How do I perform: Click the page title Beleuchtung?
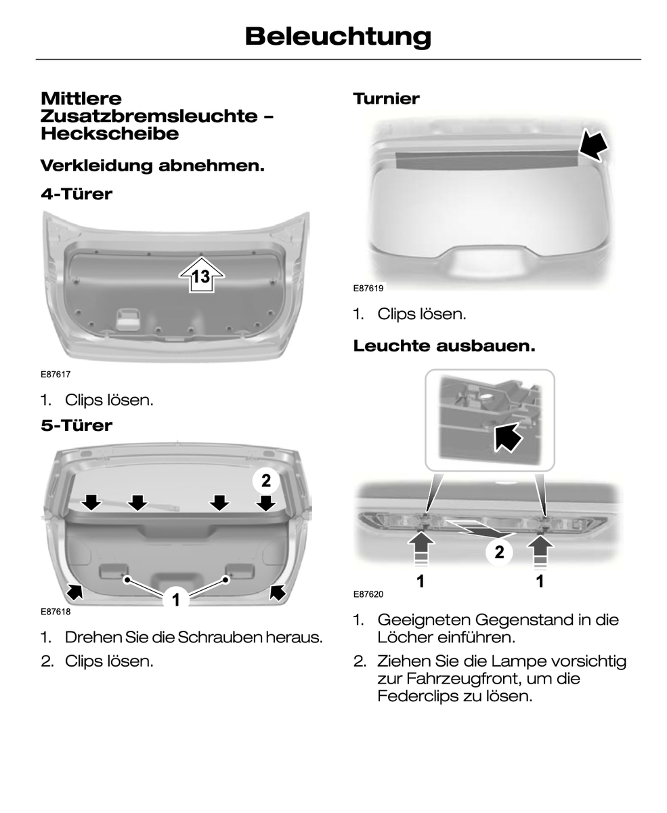[338, 37]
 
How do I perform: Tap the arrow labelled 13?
[201, 274]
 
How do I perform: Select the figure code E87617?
[56, 374]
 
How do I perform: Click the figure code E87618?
[56, 612]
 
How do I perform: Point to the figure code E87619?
[368, 289]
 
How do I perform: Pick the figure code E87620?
[368, 594]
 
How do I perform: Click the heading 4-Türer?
[77, 194]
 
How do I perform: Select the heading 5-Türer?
[77, 425]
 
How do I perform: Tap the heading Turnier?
[386, 99]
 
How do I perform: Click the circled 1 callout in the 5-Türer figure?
[176, 600]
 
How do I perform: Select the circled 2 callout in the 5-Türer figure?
[266, 481]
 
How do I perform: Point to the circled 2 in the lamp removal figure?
[499, 552]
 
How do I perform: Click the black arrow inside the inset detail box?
[508, 438]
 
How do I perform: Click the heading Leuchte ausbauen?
[444, 346]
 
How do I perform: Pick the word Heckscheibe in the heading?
[110, 133]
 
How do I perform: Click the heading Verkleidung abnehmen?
[152, 166]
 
